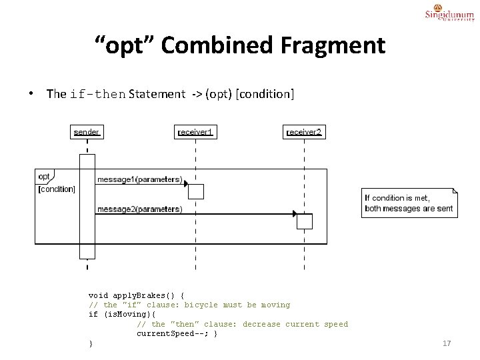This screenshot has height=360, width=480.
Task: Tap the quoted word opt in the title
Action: pyautogui.click(x=125, y=45)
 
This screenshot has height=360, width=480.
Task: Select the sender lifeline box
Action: pyautogui.click(x=87, y=132)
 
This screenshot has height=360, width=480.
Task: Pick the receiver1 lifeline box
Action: pyautogui.click(x=195, y=132)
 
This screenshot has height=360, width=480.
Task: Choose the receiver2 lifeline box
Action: pyautogui.click(x=304, y=132)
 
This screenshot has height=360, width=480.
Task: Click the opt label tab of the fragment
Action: pyautogui.click(x=44, y=177)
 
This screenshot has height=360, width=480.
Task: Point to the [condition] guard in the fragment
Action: pyautogui.click(x=57, y=189)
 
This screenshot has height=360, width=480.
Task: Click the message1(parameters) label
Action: pyautogui.click(x=139, y=179)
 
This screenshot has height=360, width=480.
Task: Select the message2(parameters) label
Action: pyautogui.click(x=139, y=209)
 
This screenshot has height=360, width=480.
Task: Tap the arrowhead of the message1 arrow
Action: pyautogui.click(x=185, y=184)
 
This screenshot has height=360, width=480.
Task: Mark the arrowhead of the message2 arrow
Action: pyautogui.click(x=294, y=214)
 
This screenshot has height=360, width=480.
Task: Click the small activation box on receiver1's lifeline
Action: pyautogui.click(x=195, y=191)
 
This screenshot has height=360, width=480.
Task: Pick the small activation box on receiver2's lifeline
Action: pyautogui.click(x=304, y=221)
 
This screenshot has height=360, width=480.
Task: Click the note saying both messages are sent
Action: pyautogui.click(x=409, y=203)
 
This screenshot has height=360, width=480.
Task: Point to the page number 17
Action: pyautogui.click(x=447, y=343)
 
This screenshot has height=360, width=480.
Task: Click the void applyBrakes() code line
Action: pyautogui.click(x=136, y=295)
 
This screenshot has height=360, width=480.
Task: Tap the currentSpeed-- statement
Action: pyautogui.click(x=173, y=333)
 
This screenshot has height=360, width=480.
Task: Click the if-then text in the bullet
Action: pyautogui.click(x=97, y=94)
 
